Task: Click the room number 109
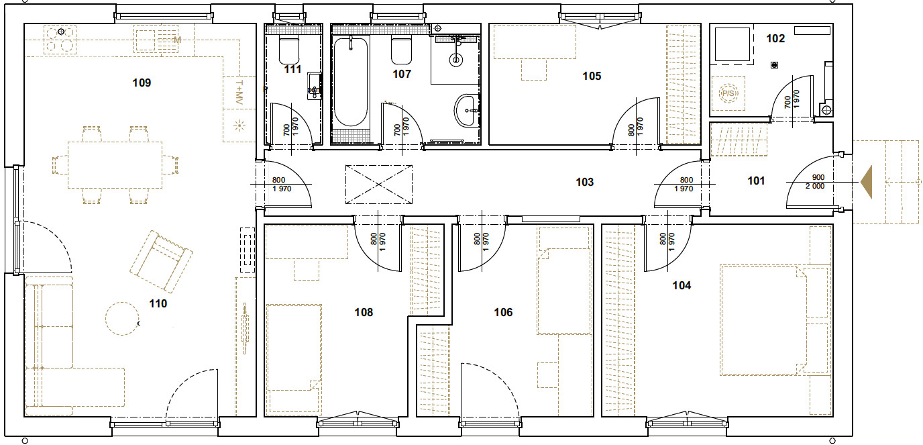click(x=142, y=83)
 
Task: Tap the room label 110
click(x=158, y=304)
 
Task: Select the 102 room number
click(x=775, y=39)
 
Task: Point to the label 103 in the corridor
click(x=585, y=183)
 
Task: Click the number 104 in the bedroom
click(x=682, y=285)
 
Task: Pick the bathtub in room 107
click(x=351, y=82)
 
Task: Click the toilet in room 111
click(x=289, y=50)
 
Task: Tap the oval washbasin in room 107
click(x=467, y=110)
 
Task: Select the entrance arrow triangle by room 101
click(x=867, y=183)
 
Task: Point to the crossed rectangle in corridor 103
click(x=379, y=185)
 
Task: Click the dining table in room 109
click(x=115, y=165)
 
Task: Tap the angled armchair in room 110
click(x=161, y=262)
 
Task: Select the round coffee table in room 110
click(x=122, y=318)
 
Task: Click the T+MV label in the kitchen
click(x=239, y=91)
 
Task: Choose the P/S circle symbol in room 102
click(x=728, y=93)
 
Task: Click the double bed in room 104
click(x=775, y=320)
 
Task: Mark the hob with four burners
click(x=60, y=40)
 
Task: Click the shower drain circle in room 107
click(x=455, y=60)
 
